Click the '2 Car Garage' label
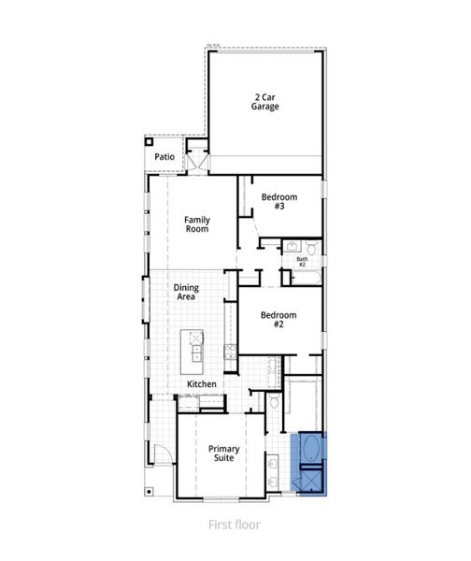264,101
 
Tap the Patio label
165,157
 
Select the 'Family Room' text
196,224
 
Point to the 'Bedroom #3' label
278,201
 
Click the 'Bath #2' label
302,262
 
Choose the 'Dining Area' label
187,293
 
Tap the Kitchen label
202,384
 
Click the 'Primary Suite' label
224,454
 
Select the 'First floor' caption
235,525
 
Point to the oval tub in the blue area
311,453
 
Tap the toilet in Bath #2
313,248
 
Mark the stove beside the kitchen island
230,352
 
